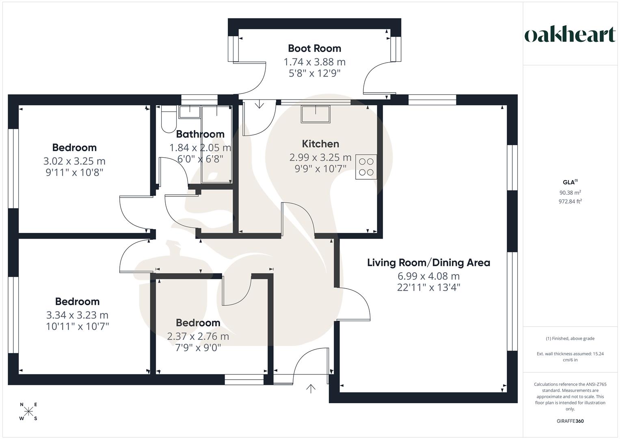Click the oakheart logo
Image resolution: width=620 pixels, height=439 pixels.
pyautogui.click(x=570, y=35)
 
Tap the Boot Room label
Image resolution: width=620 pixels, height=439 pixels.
pyautogui.click(x=314, y=48)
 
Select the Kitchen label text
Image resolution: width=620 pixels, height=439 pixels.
pyautogui.click(x=320, y=144)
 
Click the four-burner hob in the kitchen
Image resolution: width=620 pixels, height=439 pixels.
pyautogui.click(x=366, y=167)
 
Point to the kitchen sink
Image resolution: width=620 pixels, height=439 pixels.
pyautogui.click(x=315, y=114)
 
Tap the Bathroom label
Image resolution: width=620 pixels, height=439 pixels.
pyautogui.click(x=200, y=134)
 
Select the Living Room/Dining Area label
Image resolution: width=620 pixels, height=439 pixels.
pyautogui.click(x=428, y=263)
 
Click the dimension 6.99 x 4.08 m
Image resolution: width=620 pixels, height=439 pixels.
pyautogui.click(x=428, y=276)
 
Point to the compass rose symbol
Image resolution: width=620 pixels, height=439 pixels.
pyautogui.click(x=28, y=411)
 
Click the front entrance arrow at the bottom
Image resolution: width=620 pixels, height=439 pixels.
pyautogui.click(x=311, y=389)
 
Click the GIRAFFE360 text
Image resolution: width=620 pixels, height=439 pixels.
pyautogui.click(x=570, y=421)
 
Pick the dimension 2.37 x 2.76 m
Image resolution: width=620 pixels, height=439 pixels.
pyautogui.click(x=198, y=337)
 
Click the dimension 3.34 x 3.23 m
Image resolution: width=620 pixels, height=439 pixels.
pyautogui.click(x=77, y=315)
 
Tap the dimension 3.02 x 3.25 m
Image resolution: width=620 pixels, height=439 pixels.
pyautogui.click(x=74, y=161)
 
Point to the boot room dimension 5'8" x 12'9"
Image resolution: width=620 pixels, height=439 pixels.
pyautogui.click(x=314, y=73)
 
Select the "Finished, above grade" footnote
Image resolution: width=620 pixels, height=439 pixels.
pyautogui.click(x=570, y=339)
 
